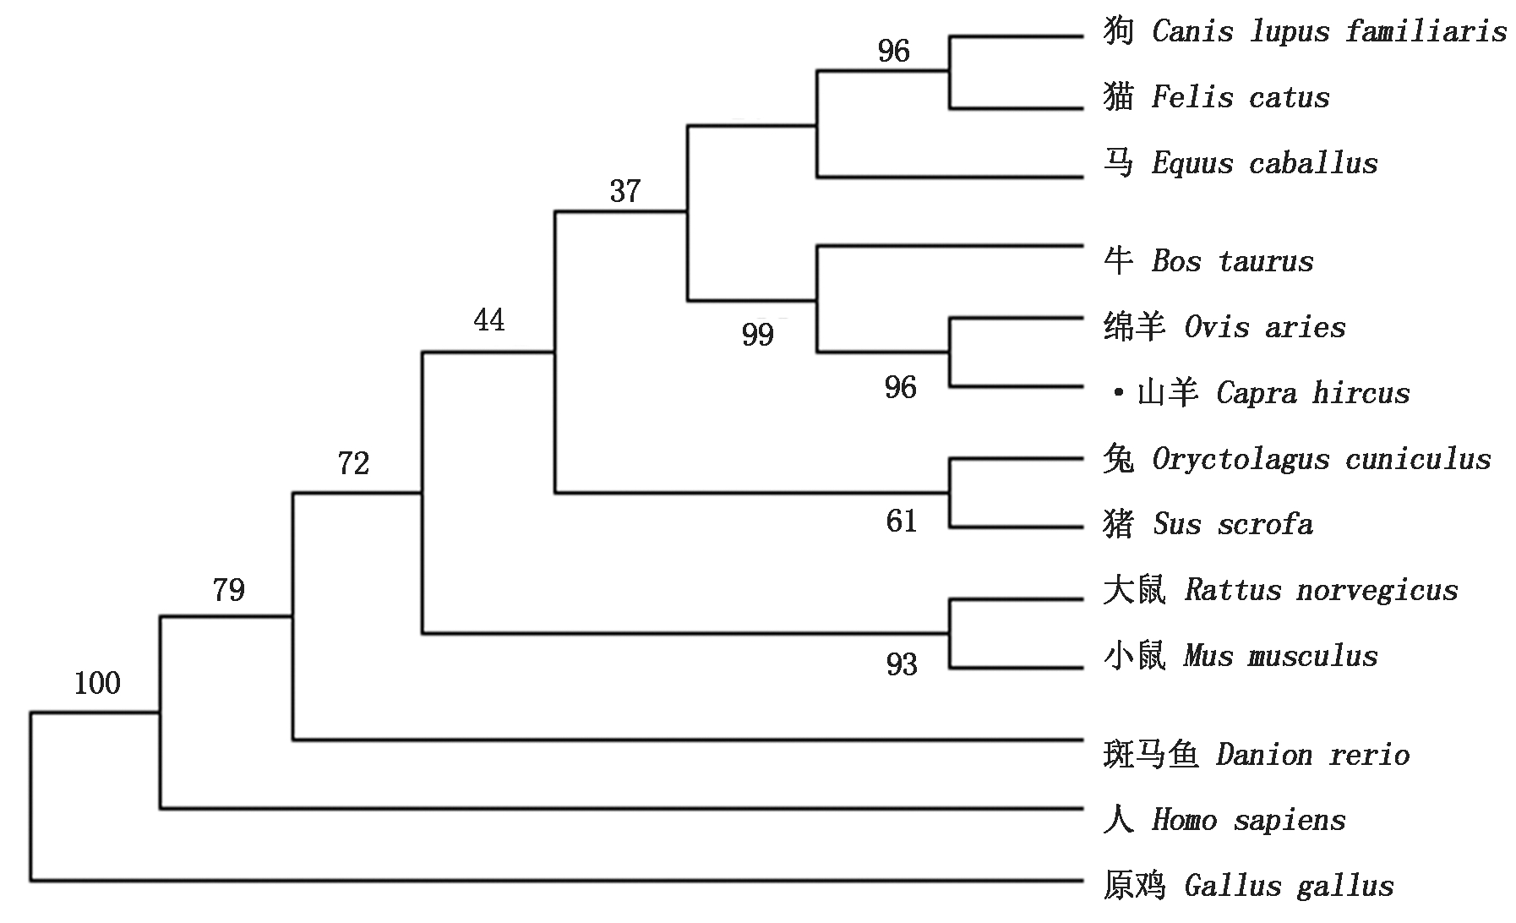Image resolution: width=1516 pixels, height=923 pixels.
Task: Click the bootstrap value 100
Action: coord(97,683)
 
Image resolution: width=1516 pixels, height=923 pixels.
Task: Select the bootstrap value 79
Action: coord(228,589)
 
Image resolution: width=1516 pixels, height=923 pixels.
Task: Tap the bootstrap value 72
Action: coord(353,463)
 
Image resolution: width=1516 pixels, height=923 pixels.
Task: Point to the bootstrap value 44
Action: coord(489,320)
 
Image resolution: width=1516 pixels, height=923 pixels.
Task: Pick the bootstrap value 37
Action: coord(625,191)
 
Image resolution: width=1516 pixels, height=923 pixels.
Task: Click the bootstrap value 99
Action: coord(758,336)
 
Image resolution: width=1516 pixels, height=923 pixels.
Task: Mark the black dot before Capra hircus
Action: coord(1119,393)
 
